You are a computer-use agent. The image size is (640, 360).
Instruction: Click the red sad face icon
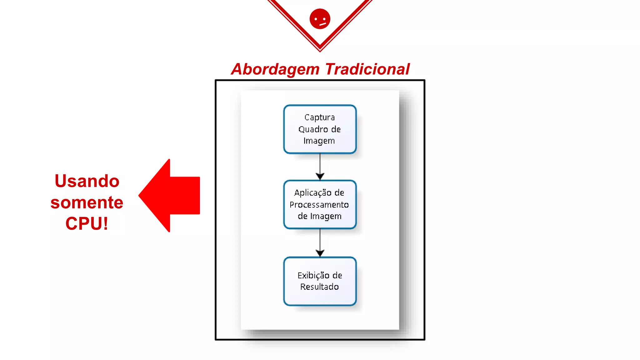tap(320, 19)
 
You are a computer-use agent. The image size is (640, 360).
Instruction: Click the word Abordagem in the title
tap(275, 69)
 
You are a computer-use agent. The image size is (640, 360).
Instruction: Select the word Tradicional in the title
tap(367, 69)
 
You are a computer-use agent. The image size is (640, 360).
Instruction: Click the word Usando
tap(87, 181)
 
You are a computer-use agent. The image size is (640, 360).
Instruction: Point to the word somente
tap(87, 202)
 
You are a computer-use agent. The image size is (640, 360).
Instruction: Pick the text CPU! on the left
tap(87, 223)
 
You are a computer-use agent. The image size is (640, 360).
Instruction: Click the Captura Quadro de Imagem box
tap(320, 129)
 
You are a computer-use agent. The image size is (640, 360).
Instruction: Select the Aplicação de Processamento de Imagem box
tap(320, 204)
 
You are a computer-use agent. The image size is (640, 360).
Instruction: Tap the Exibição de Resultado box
tap(320, 281)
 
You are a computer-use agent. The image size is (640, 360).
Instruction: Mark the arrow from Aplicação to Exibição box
tap(320, 242)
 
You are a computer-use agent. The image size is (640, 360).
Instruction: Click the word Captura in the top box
tap(319, 117)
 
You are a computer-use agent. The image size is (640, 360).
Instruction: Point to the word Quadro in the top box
tap(310, 129)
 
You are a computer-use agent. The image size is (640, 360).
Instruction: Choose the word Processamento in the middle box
tap(319, 205)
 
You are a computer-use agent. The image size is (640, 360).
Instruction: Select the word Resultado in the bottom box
tap(319, 287)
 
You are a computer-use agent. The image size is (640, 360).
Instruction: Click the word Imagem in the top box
tap(319, 141)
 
